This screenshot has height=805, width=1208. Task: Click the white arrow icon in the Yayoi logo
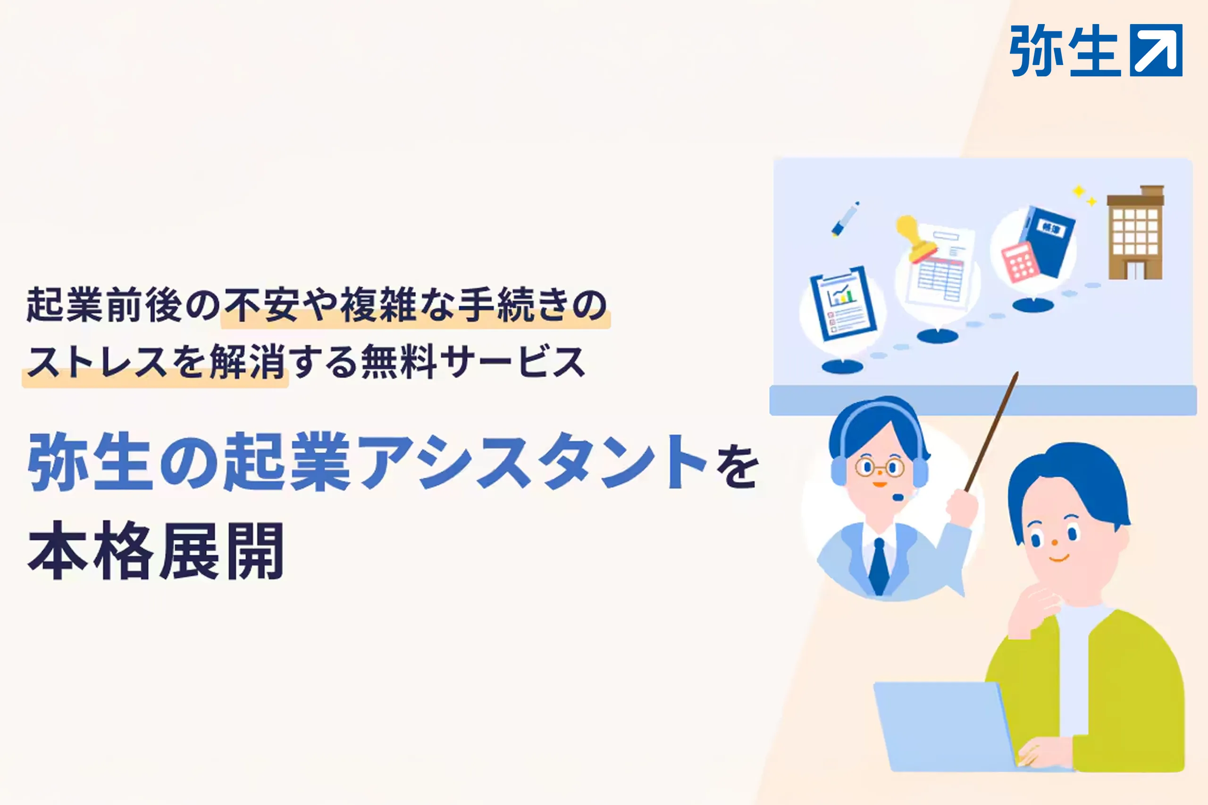[x=1156, y=50]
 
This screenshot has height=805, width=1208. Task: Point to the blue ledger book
[x=1048, y=241]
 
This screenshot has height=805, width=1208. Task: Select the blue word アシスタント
[x=533, y=461]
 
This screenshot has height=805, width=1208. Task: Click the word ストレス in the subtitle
[x=98, y=362]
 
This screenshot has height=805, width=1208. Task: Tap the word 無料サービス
[x=473, y=362]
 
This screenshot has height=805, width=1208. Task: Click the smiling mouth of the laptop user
[x=1058, y=557]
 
